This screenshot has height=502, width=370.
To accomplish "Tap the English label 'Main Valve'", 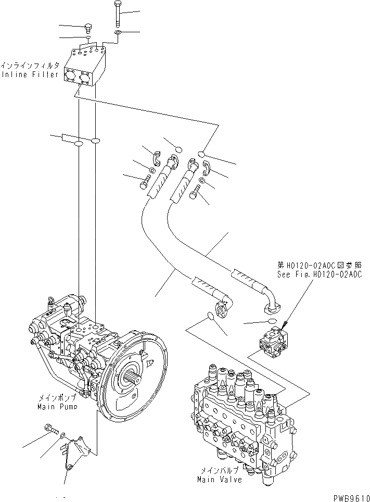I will click(x=219, y=479).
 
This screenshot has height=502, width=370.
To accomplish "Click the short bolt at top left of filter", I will click(x=88, y=27).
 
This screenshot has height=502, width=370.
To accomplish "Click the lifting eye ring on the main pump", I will click(x=52, y=302).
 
